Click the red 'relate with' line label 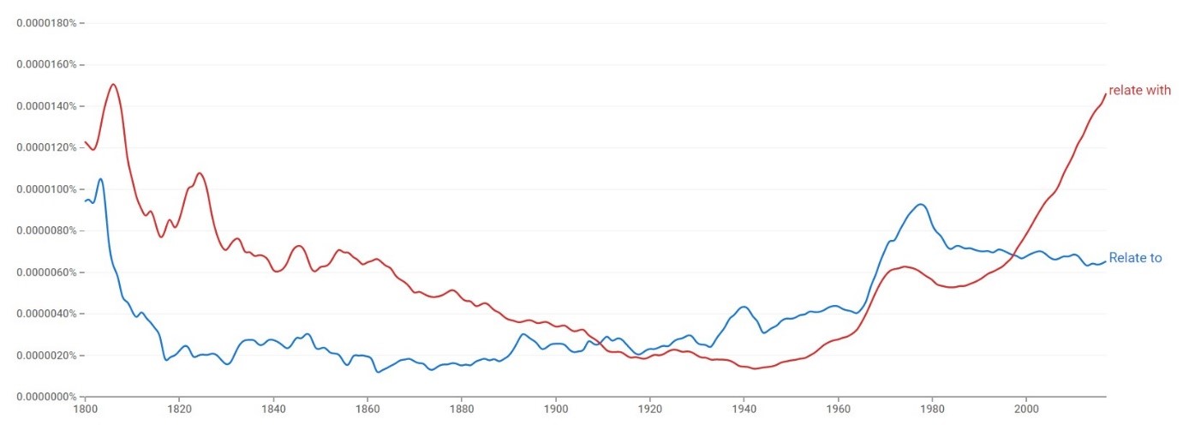[x=1139, y=91]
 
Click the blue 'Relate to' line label [x=1135, y=258]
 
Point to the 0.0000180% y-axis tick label [x=47, y=23]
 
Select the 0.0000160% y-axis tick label [x=47, y=64]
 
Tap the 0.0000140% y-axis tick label [x=47, y=106]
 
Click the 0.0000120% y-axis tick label [x=47, y=147]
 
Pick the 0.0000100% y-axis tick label [x=47, y=189]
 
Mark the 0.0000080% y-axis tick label [x=47, y=230]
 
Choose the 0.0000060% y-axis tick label [x=47, y=272]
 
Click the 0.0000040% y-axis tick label [x=47, y=314]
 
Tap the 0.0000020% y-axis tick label [x=47, y=356]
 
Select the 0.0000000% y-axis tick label [x=47, y=397]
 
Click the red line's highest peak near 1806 [x=113, y=84]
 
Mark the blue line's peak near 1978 [x=921, y=204]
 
